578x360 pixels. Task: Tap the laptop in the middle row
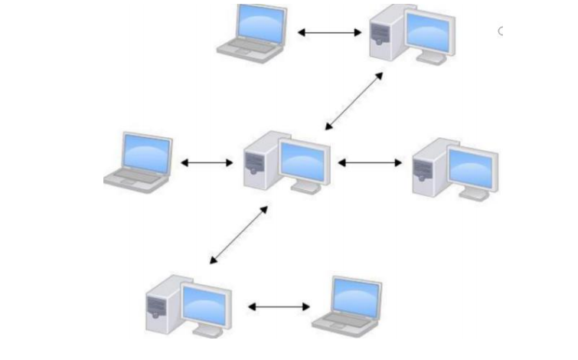coord(139,161)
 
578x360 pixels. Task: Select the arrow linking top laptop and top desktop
coord(329,32)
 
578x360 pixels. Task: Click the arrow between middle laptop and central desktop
coord(207,162)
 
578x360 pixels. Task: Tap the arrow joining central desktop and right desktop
coord(370,162)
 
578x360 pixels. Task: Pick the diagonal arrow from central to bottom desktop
coord(238,234)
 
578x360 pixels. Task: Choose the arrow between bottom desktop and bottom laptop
coord(279,307)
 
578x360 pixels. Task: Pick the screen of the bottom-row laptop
coord(356,294)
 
